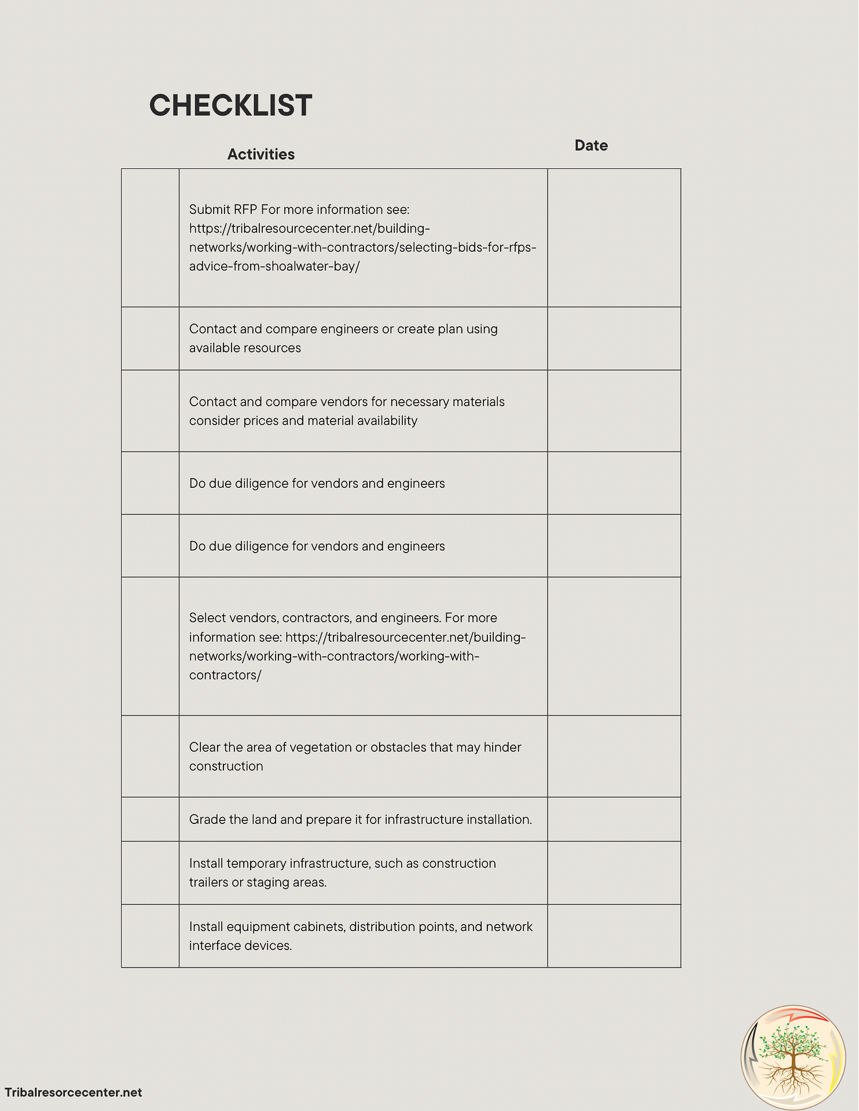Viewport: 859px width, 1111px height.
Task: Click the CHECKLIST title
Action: tap(230, 105)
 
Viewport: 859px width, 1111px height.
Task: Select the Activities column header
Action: tap(260, 154)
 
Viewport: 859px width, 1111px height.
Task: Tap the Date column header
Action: tap(590, 146)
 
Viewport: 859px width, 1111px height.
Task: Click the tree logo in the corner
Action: tap(794, 1057)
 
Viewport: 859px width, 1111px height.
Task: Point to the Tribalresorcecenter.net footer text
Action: tap(74, 1092)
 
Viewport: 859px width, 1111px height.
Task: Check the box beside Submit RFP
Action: tap(150, 238)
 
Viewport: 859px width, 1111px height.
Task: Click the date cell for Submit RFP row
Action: tap(614, 238)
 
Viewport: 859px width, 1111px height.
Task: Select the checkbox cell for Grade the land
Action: tap(150, 819)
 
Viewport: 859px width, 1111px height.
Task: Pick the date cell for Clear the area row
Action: tap(614, 756)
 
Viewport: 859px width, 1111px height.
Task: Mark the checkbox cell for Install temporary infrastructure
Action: tap(150, 873)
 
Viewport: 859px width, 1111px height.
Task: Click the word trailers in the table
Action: tap(208, 882)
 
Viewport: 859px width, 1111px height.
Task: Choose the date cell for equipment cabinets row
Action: tap(614, 936)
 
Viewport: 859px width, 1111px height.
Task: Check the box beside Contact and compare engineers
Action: tap(150, 339)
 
